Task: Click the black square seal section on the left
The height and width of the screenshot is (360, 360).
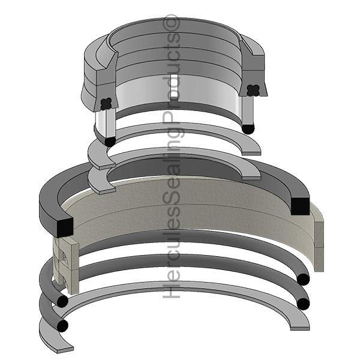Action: click(x=63, y=226)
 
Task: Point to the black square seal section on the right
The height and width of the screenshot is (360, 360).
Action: click(x=299, y=205)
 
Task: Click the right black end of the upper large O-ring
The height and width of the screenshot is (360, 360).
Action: click(x=304, y=279)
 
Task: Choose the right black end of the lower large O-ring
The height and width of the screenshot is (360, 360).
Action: click(x=304, y=304)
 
